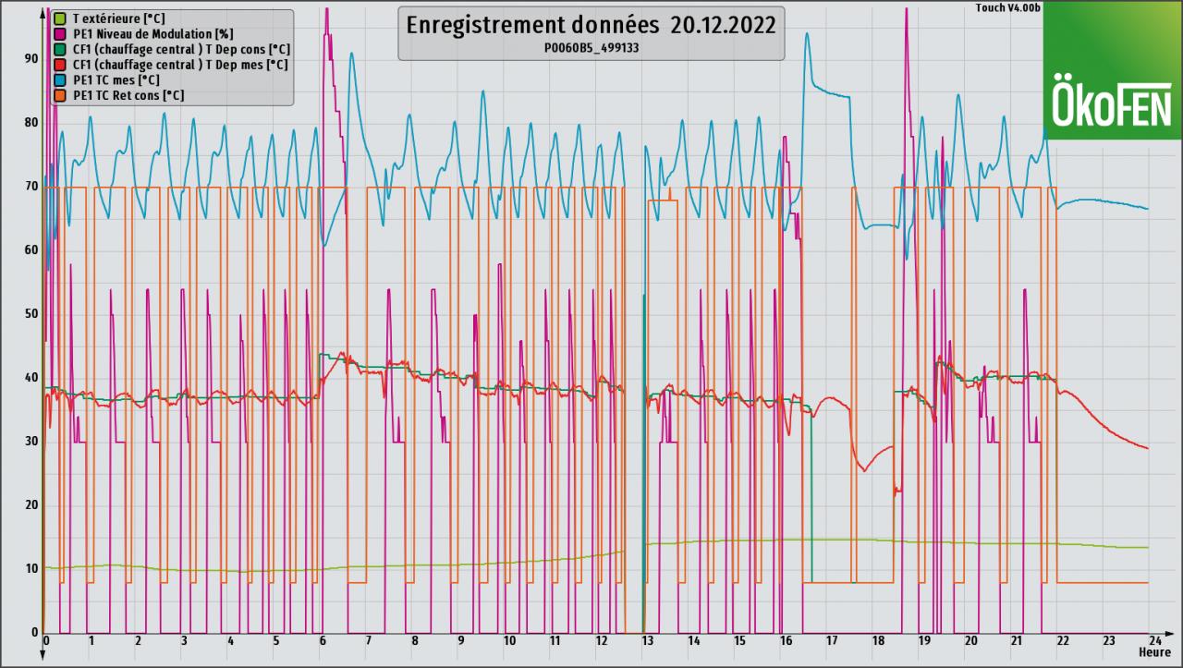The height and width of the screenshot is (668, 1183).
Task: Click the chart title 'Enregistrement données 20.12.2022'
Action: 590,25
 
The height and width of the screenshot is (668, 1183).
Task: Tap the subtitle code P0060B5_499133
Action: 590,48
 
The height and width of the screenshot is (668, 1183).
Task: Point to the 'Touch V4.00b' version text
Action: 1008,8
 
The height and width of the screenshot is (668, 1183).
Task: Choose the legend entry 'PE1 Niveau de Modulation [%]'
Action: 139,34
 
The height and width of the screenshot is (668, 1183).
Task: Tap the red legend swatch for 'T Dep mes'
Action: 60,66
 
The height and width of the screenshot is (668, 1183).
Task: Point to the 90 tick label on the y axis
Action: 31,59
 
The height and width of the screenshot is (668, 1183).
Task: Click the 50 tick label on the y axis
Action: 31,314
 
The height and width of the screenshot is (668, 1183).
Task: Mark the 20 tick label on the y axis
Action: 31,505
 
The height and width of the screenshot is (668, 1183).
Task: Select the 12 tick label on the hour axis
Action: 601,641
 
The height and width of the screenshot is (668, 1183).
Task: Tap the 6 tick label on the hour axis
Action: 323,641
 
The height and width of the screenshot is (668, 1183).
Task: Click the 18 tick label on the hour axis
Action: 878,641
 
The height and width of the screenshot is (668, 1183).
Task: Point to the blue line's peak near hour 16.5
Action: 807,33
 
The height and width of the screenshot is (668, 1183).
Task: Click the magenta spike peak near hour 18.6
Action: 906,8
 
